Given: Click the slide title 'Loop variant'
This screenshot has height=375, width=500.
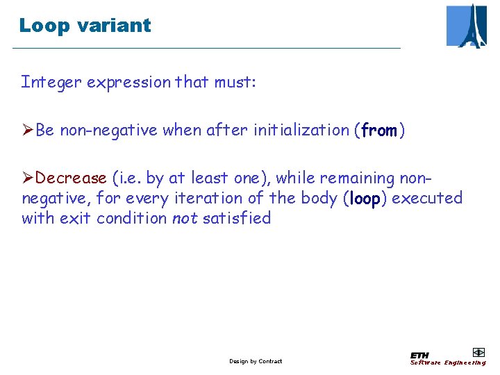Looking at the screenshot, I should pyautogui.click(x=85, y=26).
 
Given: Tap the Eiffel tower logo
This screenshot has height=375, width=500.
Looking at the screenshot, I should pyautogui.click(x=466, y=26).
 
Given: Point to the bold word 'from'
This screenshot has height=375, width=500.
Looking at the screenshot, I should pyautogui.click(x=378, y=131).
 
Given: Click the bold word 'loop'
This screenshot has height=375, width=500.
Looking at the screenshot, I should pyautogui.click(x=365, y=199).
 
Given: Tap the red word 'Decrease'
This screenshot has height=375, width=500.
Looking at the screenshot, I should pyautogui.click(x=72, y=178).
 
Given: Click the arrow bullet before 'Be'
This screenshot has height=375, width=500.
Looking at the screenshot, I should pyautogui.click(x=28, y=131).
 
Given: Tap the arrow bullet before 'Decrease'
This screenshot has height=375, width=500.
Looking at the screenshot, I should pyautogui.click(x=28, y=178).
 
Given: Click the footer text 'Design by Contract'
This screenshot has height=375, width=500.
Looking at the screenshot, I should pyautogui.click(x=256, y=361).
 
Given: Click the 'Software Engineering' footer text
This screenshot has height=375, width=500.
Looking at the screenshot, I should pyautogui.click(x=447, y=362).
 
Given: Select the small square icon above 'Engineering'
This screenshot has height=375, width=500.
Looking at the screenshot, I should pyautogui.click(x=478, y=352).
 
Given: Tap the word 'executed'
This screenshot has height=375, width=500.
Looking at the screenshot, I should pyautogui.click(x=426, y=199).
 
